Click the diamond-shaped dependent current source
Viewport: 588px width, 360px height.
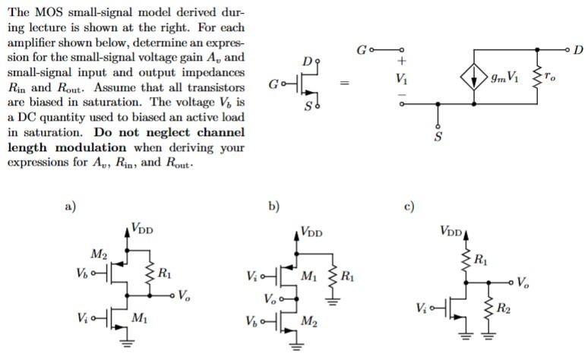(474, 77)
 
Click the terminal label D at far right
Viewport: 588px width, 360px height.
(579, 50)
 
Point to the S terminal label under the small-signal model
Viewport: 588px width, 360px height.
(438, 136)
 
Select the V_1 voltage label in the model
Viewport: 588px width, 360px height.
(401, 77)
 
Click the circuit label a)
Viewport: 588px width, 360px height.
(70, 206)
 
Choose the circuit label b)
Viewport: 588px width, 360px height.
(273, 206)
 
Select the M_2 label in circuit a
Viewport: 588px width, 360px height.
(100, 252)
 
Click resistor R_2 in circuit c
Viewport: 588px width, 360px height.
(486, 308)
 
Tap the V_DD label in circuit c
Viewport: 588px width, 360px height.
(450, 230)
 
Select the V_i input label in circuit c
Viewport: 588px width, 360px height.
(422, 308)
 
